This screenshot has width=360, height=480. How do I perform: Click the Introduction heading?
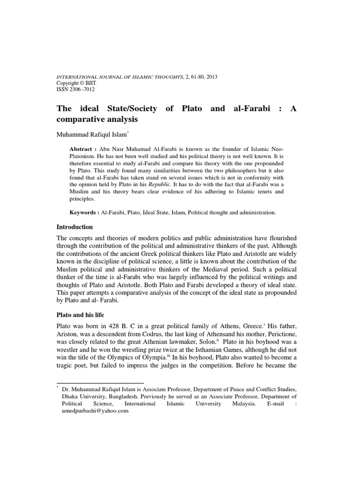click(75, 227)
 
